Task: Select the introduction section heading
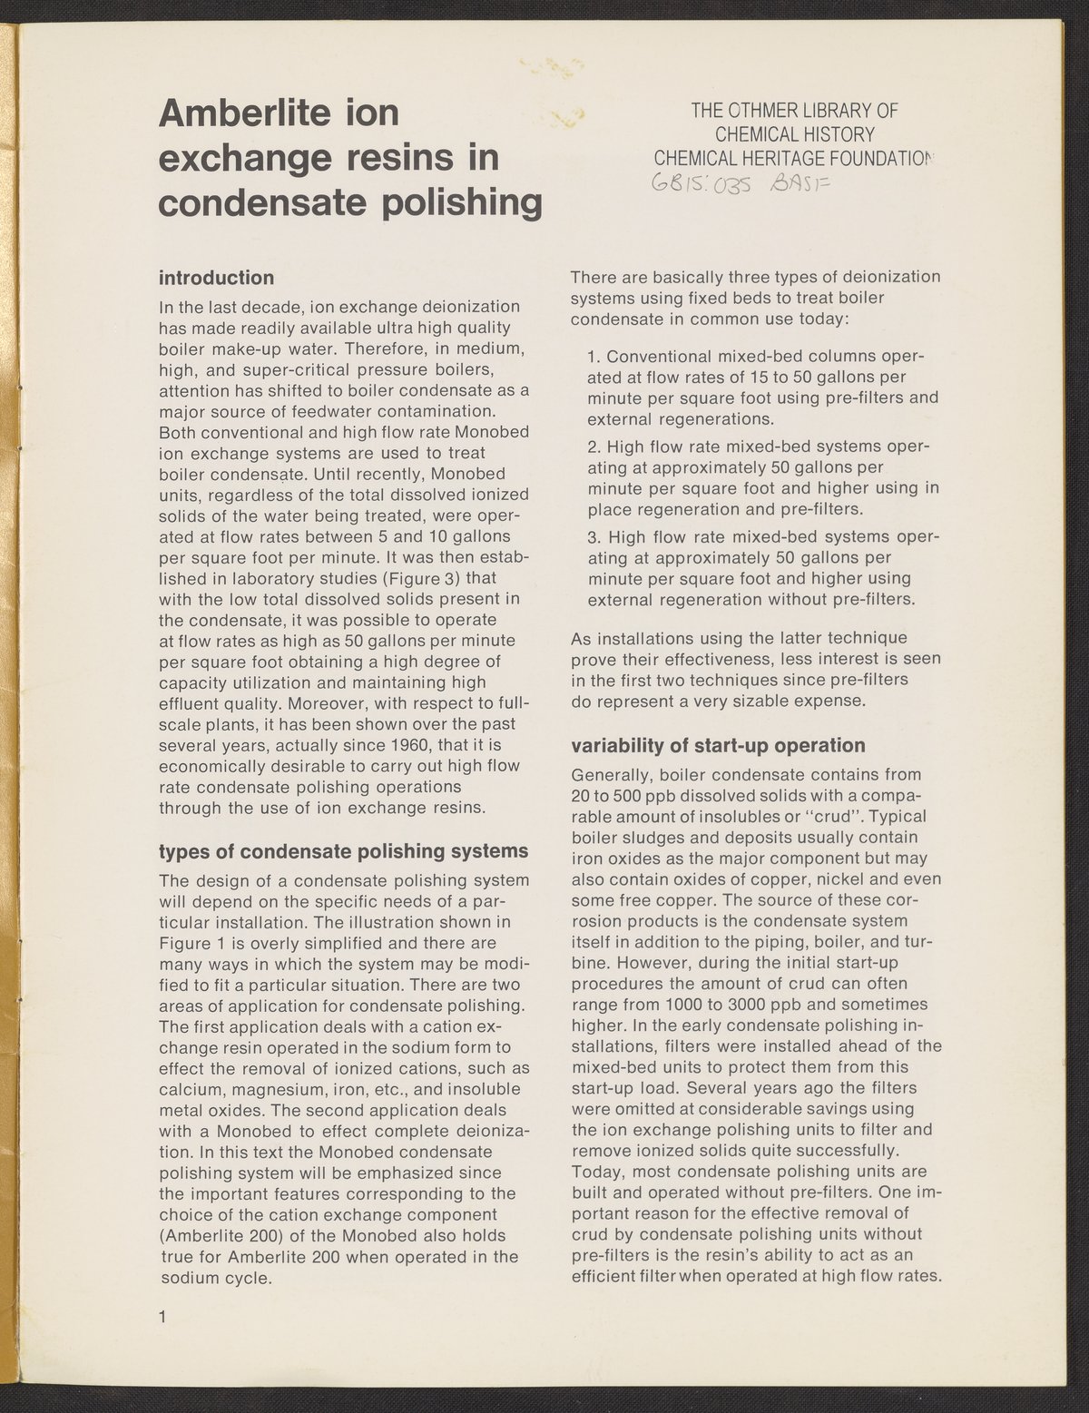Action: click(216, 277)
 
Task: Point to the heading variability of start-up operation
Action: click(717, 746)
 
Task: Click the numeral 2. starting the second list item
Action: click(595, 446)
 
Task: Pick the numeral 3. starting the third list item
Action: click(595, 537)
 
